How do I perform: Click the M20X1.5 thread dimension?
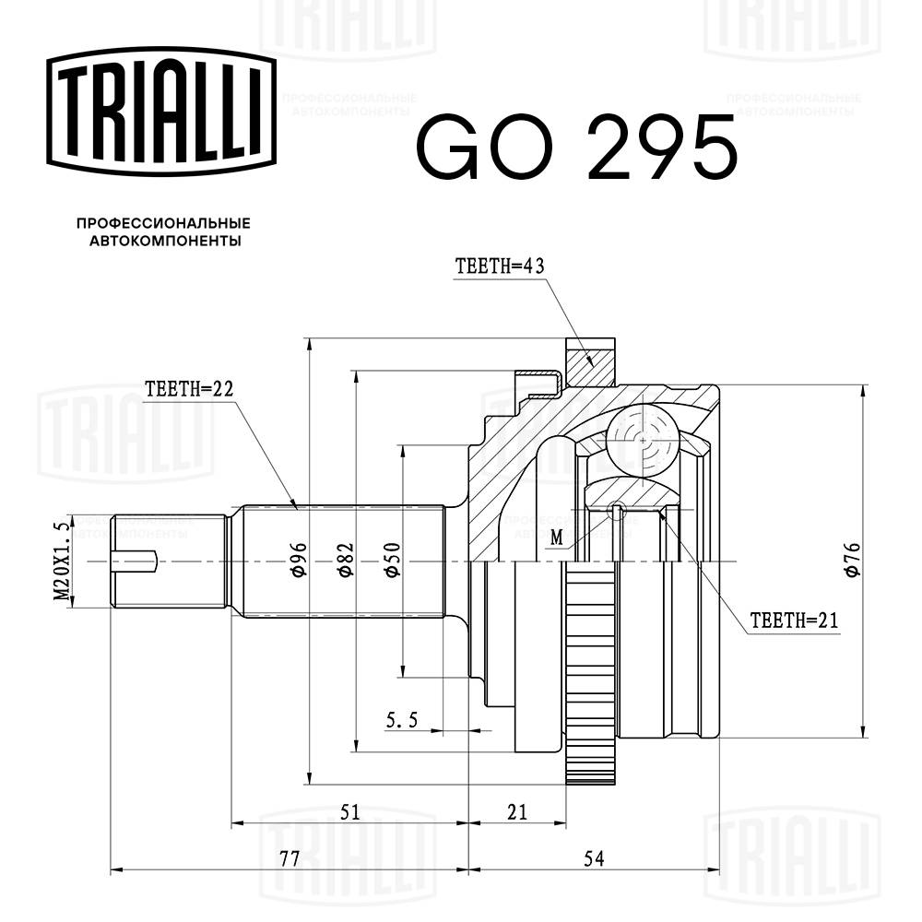click(x=62, y=561)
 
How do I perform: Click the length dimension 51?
click(x=349, y=811)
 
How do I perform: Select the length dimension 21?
click(x=517, y=811)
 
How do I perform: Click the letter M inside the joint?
click(x=555, y=538)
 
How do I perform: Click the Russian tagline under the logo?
click(x=163, y=232)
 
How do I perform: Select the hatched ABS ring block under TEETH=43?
click(x=590, y=362)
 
